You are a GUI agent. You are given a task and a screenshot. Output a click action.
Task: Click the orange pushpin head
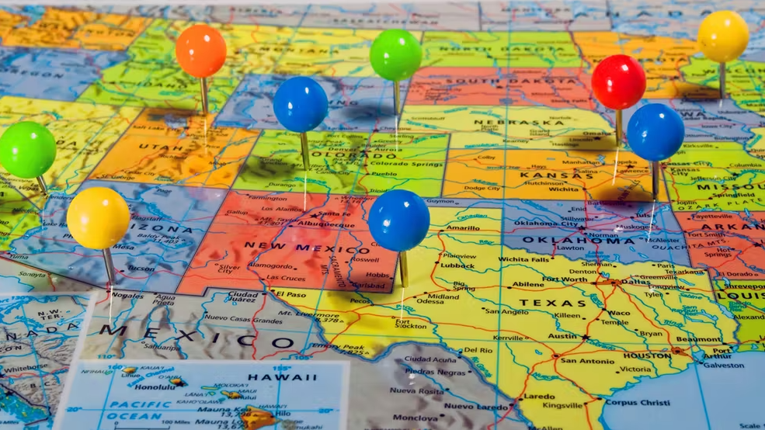click(200, 51)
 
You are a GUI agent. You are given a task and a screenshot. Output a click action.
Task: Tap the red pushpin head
click(618, 81)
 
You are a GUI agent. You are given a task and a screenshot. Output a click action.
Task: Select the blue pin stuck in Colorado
click(300, 104)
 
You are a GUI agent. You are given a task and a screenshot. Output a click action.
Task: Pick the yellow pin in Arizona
click(98, 218)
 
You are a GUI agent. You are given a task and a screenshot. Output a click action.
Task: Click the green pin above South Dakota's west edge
click(395, 55)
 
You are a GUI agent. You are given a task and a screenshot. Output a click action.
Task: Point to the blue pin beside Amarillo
click(398, 220)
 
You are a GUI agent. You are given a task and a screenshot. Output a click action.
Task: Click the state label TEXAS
click(553, 303)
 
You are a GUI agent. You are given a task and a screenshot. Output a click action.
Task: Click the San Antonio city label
click(587, 361)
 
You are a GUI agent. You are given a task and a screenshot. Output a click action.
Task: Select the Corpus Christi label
click(637, 402)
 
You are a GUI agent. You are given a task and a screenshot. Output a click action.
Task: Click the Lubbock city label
click(458, 266)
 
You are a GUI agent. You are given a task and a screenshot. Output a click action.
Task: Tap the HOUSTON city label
click(645, 356)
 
